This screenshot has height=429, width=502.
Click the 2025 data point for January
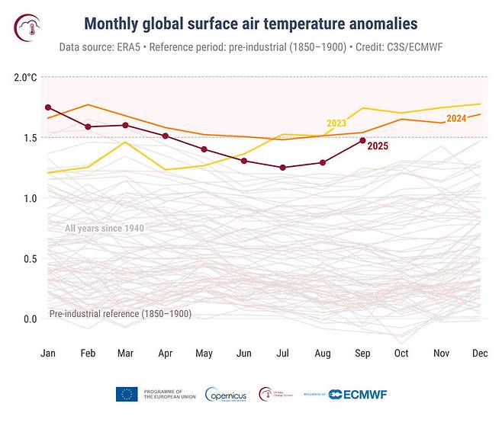[x=48, y=107]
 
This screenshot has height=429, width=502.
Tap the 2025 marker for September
[x=362, y=140]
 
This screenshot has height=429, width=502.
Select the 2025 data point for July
[x=282, y=168]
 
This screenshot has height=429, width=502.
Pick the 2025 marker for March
[x=125, y=125]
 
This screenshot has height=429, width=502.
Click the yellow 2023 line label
[x=336, y=123]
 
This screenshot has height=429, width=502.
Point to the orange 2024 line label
[x=455, y=118]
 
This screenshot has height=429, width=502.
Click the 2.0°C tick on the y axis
[x=25, y=78]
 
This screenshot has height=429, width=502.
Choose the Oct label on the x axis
[x=402, y=354]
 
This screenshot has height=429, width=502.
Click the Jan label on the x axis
[x=48, y=354]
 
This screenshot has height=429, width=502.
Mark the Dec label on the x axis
[x=481, y=354]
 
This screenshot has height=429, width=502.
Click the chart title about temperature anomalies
[x=253, y=24]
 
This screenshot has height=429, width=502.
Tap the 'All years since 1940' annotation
[x=105, y=229]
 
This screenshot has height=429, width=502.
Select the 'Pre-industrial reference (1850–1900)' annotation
[x=120, y=314]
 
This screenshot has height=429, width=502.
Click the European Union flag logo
[x=127, y=394]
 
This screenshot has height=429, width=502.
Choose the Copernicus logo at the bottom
[x=225, y=395]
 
